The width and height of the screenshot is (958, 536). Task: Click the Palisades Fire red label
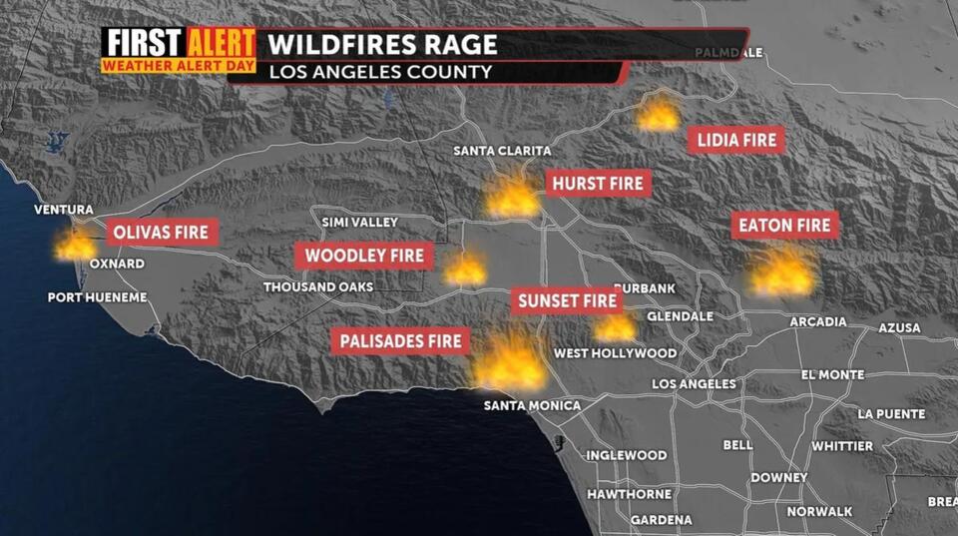click(401, 341)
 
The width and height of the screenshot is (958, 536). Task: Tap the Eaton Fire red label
click(785, 226)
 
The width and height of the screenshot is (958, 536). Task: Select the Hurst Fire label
click(599, 184)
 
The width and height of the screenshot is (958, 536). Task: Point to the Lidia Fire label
click(737, 141)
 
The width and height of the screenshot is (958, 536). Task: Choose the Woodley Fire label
click(364, 256)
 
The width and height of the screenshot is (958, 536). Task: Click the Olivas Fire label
click(161, 233)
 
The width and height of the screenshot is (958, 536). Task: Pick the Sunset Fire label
click(569, 300)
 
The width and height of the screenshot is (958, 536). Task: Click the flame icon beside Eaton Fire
click(782, 271)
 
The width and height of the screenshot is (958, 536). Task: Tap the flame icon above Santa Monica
click(510, 362)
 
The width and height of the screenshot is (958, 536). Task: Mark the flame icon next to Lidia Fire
click(659, 114)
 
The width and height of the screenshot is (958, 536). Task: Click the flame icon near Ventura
click(76, 244)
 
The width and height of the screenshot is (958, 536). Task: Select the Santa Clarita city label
click(502, 151)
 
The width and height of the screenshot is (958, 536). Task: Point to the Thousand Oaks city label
click(318, 287)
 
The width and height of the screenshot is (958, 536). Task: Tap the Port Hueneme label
click(98, 297)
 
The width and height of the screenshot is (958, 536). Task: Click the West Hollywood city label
click(615, 353)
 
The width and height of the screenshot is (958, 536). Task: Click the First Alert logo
click(179, 50)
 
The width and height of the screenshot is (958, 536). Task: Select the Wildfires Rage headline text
click(382, 45)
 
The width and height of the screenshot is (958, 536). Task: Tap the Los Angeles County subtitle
click(366, 72)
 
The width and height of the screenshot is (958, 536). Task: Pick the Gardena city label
click(661, 520)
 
